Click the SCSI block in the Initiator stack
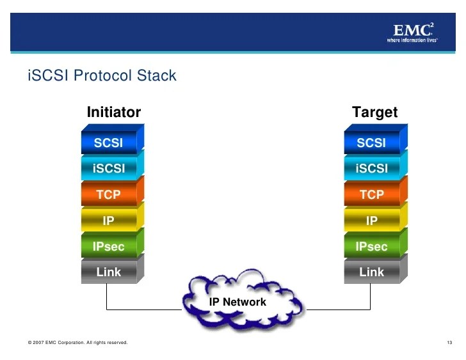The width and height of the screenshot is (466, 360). [x=109, y=143]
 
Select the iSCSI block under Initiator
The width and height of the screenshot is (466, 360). [x=109, y=169]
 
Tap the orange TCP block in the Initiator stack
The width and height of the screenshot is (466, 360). [x=109, y=194]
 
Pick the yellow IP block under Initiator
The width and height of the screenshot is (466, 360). [x=109, y=221]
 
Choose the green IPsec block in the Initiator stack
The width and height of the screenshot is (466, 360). [x=109, y=246]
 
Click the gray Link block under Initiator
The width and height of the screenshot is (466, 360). [x=109, y=272]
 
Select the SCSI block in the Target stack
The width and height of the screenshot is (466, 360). [x=371, y=143]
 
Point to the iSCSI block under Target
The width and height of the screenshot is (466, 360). [x=371, y=169]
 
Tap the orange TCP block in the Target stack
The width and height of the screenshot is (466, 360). [x=371, y=194]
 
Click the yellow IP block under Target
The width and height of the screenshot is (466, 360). [x=371, y=221]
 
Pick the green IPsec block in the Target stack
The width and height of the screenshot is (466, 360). [x=371, y=246]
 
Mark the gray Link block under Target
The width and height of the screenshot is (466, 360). [x=371, y=272]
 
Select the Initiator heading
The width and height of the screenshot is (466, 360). [x=113, y=113]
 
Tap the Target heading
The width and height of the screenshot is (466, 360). [x=374, y=113]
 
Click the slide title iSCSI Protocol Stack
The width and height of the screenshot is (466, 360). [x=102, y=75]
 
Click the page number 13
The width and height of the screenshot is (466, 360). [x=449, y=343]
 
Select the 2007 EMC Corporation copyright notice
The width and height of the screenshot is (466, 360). [x=77, y=343]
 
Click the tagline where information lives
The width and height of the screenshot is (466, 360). [x=412, y=40]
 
